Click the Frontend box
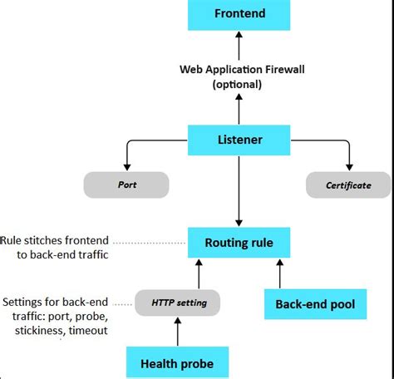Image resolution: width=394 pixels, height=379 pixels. tap(239, 15)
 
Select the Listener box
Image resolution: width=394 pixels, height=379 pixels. tap(239, 140)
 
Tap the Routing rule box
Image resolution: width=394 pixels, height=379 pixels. tap(239, 244)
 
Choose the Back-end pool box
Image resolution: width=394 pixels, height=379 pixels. tap(315, 304)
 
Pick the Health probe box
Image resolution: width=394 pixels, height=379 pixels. tap(176, 363)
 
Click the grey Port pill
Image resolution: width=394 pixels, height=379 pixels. tap(126, 185)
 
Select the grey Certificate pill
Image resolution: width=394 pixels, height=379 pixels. tap(349, 185)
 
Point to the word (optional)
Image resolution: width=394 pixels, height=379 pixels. tap(239, 84)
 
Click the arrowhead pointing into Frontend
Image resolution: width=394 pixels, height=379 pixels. tap(239, 36)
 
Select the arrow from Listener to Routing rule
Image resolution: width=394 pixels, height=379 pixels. tap(239, 191)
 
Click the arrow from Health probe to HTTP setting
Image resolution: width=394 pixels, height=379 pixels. tap(177, 332)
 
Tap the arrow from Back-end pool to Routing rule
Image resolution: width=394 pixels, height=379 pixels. tap(278, 274)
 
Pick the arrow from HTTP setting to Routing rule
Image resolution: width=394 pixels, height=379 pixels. tap(198, 274)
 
